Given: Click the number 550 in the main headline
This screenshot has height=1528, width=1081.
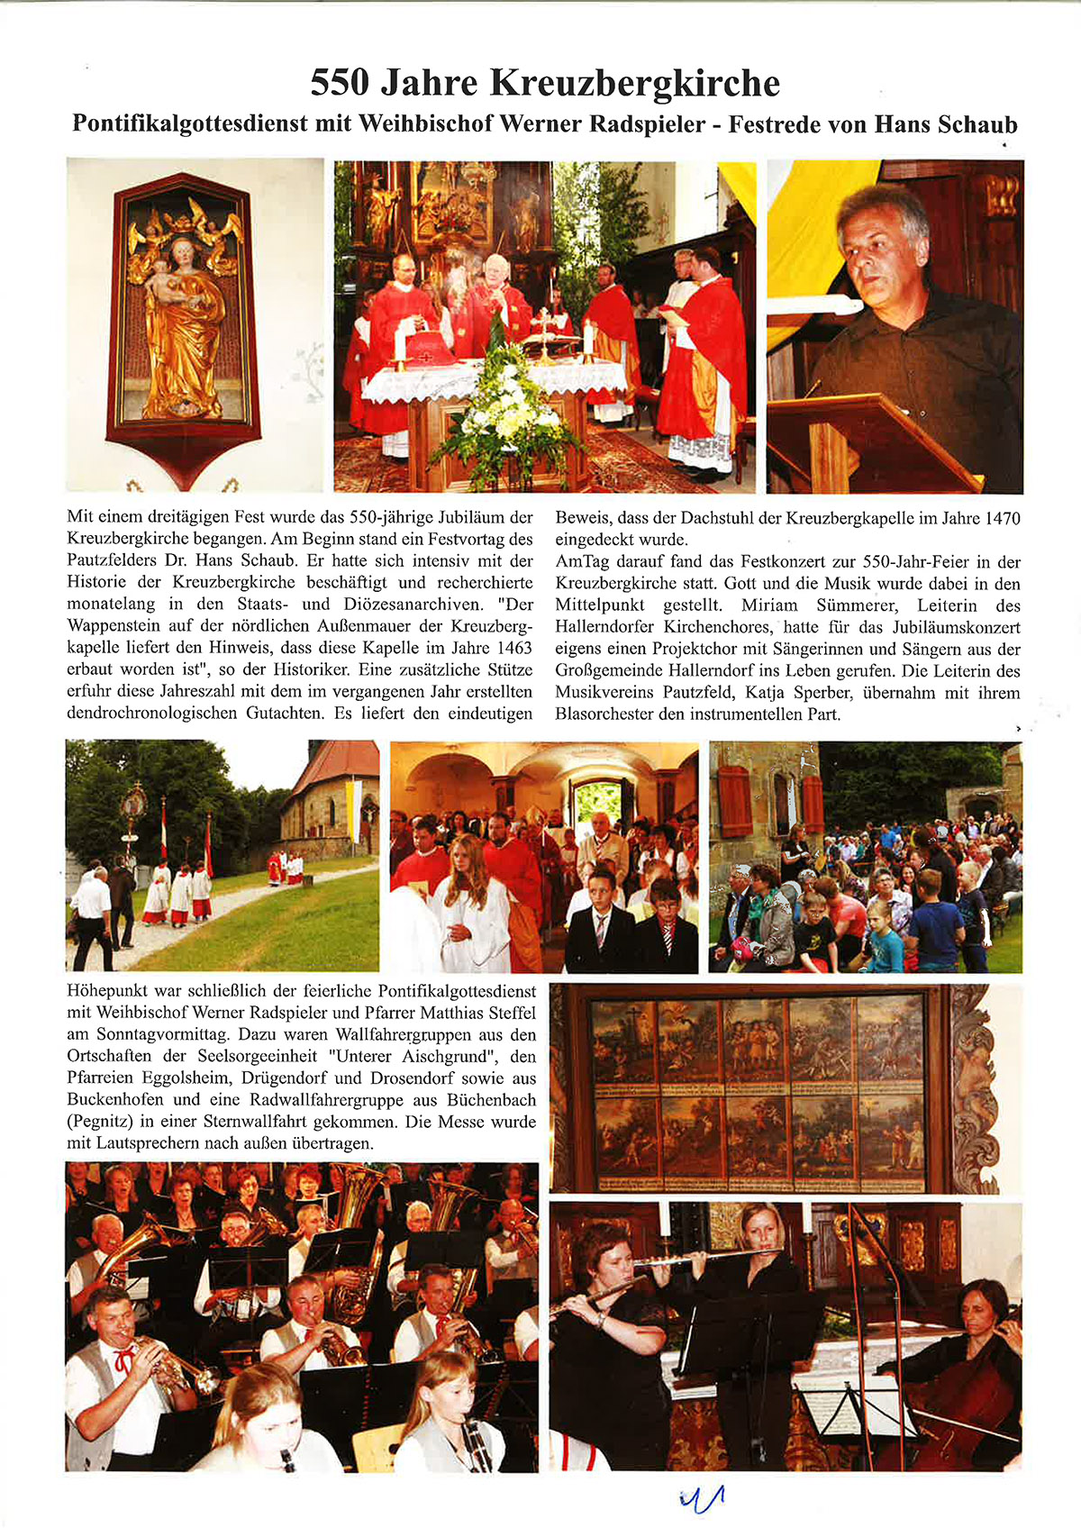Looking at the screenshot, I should (x=340, y=83).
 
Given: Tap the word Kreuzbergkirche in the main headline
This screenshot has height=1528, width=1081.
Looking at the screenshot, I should (x=634, y=83).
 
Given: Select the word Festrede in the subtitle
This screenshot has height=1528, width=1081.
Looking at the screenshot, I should (x=768, y=123).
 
